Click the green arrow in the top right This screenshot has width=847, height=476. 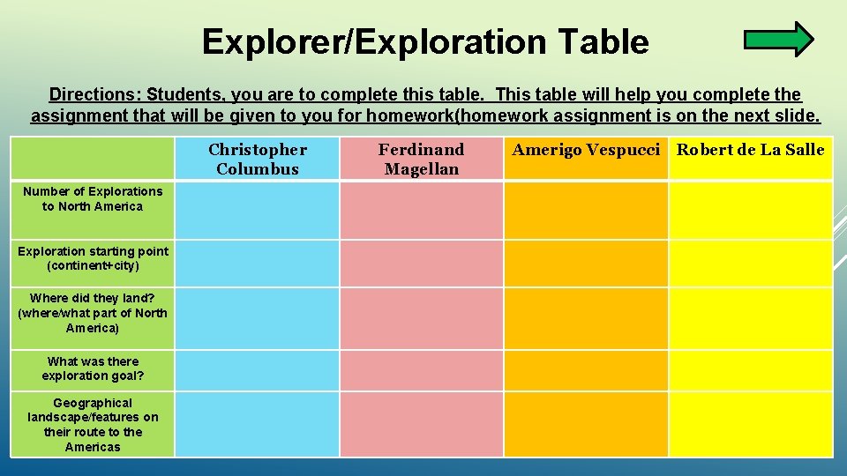click(x=778, y=40)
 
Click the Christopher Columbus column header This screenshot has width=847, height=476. click(x=258, y=159)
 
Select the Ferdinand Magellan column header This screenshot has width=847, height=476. click(x=421, y=159)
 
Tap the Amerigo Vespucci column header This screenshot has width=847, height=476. click(x=586, y=150)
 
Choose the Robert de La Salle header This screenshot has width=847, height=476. click(x=750, y=150)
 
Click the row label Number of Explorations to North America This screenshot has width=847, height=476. click(x=93, y=199)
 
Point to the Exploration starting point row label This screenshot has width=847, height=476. click(x=93, y=258)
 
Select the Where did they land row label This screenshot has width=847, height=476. click(x=93, y=313)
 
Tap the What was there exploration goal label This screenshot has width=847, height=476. click(x=93, y=368)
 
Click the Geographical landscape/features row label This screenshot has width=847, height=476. click(x=93, y=425)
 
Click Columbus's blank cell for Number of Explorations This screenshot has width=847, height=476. click(x=257, y=210)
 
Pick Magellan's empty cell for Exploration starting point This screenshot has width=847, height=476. click(x=422, y=263)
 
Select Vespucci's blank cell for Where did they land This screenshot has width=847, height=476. click(x=586, y=317)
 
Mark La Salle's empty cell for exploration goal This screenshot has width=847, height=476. click(x=750, y=370)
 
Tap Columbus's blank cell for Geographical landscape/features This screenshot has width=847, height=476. click(x=257, y=424)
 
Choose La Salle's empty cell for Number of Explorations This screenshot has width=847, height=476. click(x=750, y=210)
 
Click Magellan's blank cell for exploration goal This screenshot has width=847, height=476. click(x=422, y=370)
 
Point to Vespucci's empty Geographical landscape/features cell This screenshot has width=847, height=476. click(x=586, y=424)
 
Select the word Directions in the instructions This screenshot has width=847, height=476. click(x=94, y=94)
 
